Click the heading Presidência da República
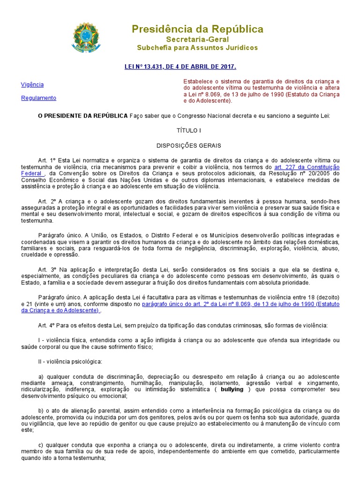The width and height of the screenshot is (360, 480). (x=197, y=29)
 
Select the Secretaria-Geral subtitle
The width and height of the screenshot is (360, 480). (x=197, y=39)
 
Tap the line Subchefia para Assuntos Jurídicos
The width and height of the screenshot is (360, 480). (x=197, y=48)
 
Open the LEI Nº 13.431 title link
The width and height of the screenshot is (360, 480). (x=180, y=67)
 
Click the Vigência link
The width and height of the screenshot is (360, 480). (x=32, y=85)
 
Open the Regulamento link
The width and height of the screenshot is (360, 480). (x=39, y=98)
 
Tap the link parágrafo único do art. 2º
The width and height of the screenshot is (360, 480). (x=228, y=304)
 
